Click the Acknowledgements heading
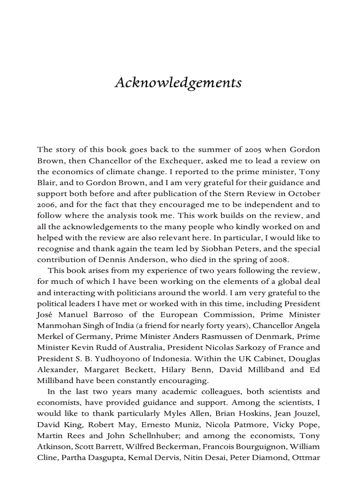pos(178,83)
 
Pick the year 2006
pos(46,205)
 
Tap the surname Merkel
pos(49,337)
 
